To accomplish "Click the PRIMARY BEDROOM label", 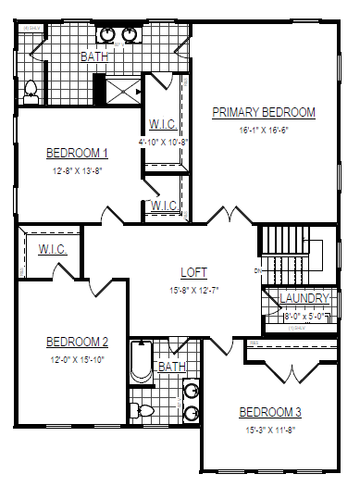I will coord(264,113).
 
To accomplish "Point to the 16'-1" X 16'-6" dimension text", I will coord(264,131).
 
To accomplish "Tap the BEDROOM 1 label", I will coord(78,154).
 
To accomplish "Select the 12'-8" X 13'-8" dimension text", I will coord(78,171).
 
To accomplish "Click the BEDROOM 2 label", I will coord(78,342).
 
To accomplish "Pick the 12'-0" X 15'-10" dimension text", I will coord(78,359).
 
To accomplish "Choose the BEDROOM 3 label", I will coord(270,412).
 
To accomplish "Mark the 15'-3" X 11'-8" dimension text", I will coord(270,430).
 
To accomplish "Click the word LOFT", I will coord(194,273).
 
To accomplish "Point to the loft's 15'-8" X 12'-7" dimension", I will coord(194,290).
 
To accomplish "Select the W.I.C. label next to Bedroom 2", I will coord(52,249).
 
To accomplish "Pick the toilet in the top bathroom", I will coord(30,90).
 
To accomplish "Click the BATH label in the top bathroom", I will coord(94,57).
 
